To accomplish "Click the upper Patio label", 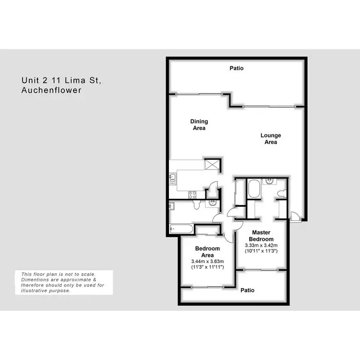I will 236,68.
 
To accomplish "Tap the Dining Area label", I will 199,125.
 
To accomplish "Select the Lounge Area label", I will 271,139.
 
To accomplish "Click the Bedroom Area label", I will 207,252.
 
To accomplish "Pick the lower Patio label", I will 247,290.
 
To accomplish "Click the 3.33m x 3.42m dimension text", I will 261,245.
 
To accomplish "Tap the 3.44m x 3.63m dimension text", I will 207,262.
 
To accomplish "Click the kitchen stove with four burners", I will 192,194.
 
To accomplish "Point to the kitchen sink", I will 173,179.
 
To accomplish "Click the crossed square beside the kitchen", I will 212,164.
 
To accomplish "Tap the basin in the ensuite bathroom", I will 270,181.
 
